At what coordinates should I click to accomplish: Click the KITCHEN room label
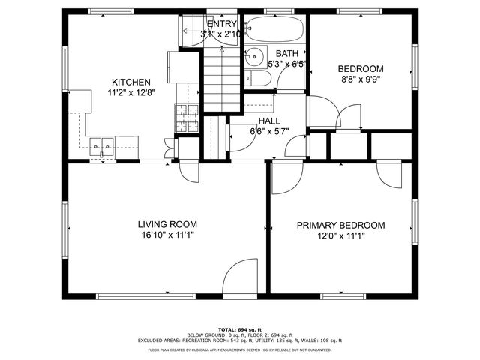(131, 82)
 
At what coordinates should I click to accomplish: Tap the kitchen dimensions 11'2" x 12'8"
(131, 94)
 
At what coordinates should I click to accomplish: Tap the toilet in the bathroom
(250, 77)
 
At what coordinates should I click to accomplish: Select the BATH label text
(287, 54)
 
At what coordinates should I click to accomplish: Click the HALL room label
(269, 121)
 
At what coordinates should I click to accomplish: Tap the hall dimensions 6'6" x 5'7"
(269, 131)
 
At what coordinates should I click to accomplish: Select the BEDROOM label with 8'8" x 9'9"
(361, 67)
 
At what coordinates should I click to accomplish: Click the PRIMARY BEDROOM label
(340, 225)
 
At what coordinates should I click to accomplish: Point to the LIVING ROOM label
(167, 224)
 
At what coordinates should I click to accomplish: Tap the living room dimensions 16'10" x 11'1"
(167, 235)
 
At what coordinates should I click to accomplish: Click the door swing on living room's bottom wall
(244, 277)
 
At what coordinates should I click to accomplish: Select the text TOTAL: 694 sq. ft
(239, 329)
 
